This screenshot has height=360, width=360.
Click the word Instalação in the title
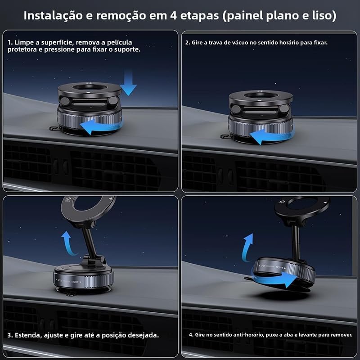pos(53,16)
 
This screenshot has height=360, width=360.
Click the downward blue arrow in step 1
pos(128,83)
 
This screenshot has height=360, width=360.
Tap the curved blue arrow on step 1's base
pos(101,127)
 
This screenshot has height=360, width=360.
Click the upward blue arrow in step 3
pos(68,244)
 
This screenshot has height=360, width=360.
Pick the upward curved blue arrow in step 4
pos(247,248)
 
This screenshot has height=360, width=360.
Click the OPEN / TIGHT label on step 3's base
pos(68,281)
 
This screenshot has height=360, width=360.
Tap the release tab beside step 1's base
pos(54,128)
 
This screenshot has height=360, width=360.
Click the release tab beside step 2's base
pos(226,136)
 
